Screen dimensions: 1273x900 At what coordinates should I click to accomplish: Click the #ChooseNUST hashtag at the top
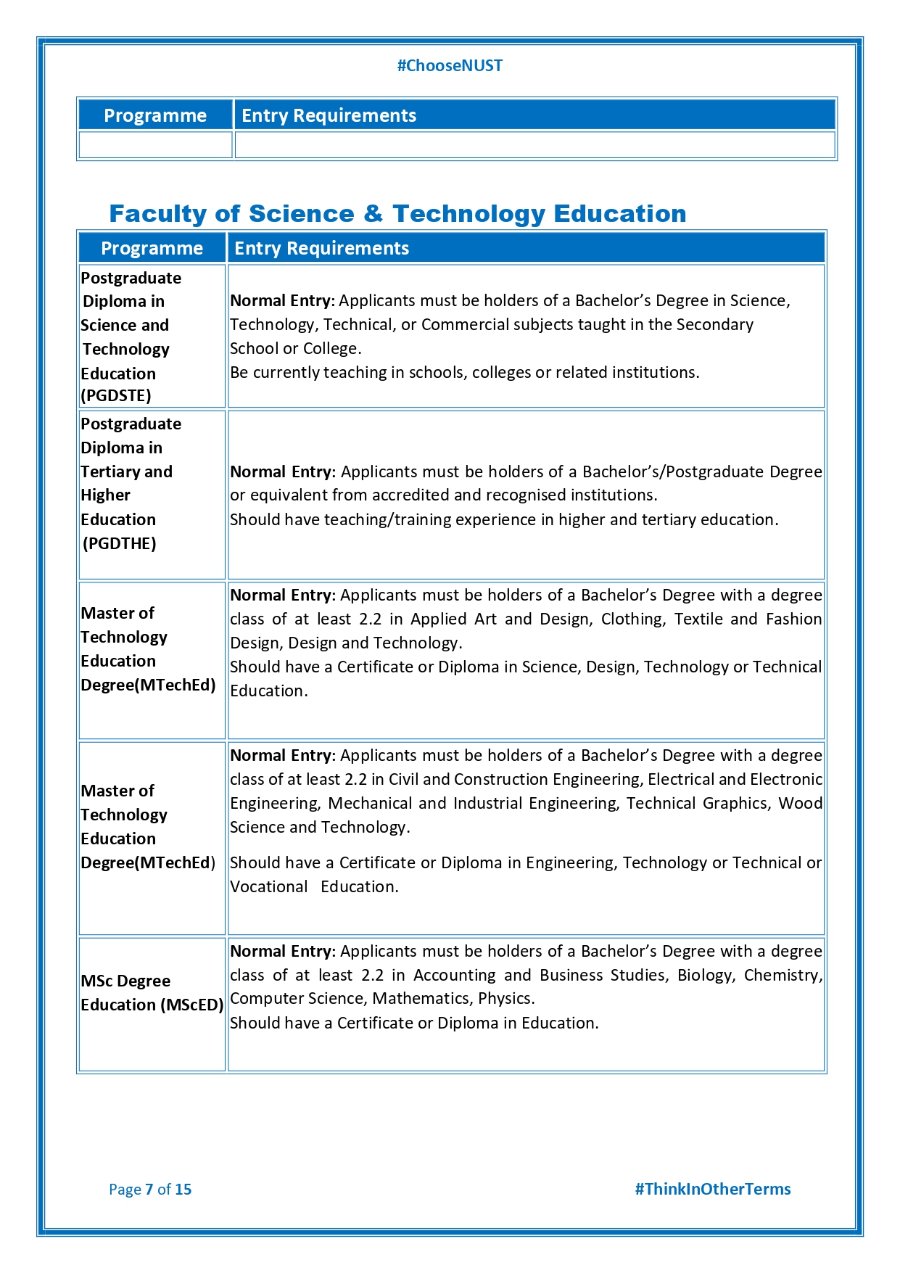450,66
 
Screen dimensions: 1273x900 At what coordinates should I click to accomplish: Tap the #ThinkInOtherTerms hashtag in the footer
712,1189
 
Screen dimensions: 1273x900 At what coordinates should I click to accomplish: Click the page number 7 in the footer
149,1190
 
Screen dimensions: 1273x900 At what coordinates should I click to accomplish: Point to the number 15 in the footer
183,1190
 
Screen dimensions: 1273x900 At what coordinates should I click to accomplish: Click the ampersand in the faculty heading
373,214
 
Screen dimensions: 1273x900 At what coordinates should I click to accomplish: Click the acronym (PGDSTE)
116,396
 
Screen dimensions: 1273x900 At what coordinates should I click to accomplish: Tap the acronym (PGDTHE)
120,544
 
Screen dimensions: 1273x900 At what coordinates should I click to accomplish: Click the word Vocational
269,887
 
